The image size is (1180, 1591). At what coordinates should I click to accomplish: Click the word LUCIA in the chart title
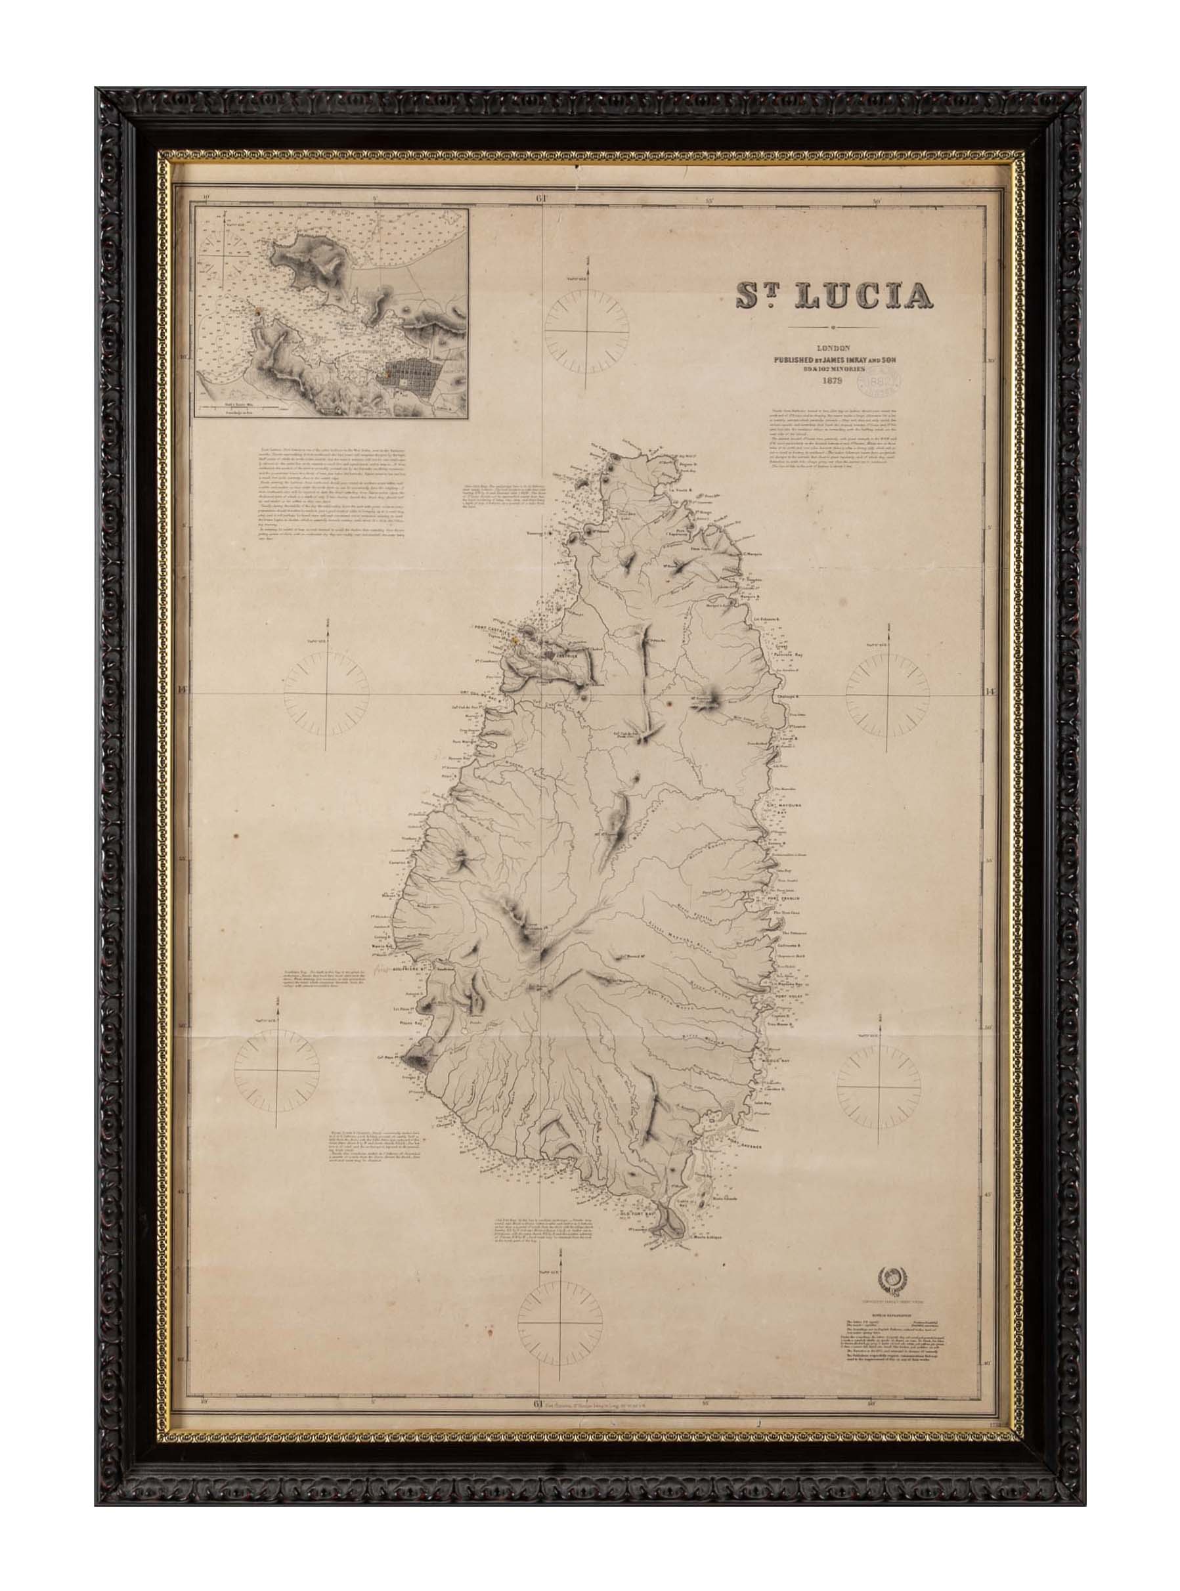pyautogui.click(x=863, y=296)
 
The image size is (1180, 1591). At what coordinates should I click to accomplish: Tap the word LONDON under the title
pyautogui.click(x=831, y=347)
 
